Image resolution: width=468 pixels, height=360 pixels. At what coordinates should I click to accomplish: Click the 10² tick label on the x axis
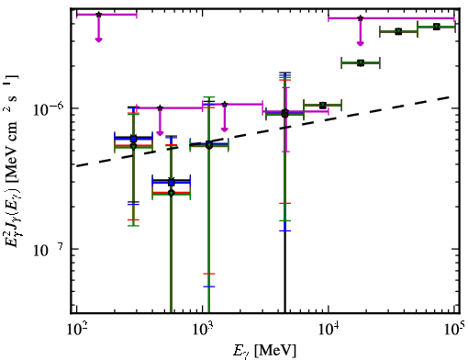coord(76,330)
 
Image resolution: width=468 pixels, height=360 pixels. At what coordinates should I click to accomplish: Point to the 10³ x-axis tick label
coord(203,330)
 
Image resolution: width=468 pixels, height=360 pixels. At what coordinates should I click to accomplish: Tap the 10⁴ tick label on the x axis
coord(329,330)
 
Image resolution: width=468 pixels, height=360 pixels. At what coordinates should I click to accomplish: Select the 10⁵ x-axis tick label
coord(454,330)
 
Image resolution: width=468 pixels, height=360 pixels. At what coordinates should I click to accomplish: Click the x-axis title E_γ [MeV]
coord(264,351)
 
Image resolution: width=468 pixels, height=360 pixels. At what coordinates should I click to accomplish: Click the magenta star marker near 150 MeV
coord(98,15)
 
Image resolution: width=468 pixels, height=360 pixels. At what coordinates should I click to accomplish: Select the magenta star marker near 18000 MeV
coord(361,18)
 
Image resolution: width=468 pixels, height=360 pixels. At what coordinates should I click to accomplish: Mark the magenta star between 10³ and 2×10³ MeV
coord(225,105)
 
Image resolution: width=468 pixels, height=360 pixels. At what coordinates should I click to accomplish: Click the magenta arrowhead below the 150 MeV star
coord(98,39)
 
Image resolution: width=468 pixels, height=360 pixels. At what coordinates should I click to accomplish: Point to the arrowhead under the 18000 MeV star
coord(361,43)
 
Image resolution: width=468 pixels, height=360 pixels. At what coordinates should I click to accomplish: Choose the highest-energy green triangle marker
coord(437,27)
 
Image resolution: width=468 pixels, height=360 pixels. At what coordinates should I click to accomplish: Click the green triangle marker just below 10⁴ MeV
coord(322,106)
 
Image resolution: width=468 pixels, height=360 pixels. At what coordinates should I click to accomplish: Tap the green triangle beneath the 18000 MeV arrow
coord(361,63)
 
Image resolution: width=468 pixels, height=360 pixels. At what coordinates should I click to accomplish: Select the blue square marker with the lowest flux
coord(172,183)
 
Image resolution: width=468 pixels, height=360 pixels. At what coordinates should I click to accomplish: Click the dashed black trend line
coord(263,130)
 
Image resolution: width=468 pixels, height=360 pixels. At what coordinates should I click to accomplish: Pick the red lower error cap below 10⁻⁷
coord(209,274)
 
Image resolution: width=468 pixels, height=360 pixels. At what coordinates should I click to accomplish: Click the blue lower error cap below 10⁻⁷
coord(209,287)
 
